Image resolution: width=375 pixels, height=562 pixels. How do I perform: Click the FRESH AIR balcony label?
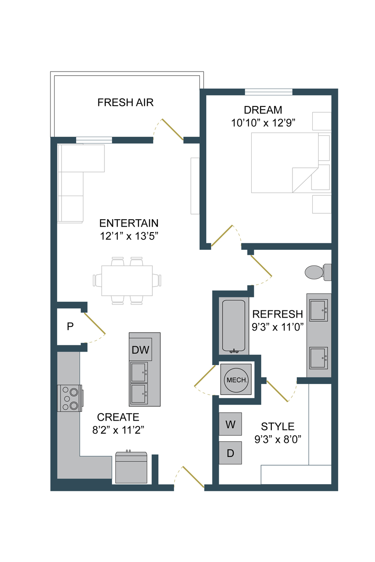pyautogui.click(x=125, y=102)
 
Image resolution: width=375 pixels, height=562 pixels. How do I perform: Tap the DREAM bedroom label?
pyautogui.click(x=263, y=110)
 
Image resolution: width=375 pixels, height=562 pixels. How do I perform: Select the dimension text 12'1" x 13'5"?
pyautogui.click(x=129, y=236)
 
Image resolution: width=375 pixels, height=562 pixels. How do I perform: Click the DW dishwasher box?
pyautogui.click(x=140, y=350)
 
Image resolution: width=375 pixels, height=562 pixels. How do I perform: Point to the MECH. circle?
pyautogui.click(x=236, y=380)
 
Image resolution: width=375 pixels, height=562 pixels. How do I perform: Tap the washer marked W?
pyautogui.click(x=230, y=424)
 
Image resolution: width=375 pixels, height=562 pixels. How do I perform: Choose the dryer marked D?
pyautogui.click(x=230, y=453)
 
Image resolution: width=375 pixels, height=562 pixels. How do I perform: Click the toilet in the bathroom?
pyautogui.click(x=318, y=272)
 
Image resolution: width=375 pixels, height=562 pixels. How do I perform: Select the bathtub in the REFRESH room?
pyautogui.click(x=234, y=326)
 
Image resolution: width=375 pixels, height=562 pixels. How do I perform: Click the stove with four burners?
pyautogui.click(x=70, y=398)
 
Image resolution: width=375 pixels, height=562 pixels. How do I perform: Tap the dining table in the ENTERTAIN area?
pyautogui.click(x=127, y=281)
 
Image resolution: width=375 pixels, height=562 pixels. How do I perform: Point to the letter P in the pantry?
pyautogui.click(x=70, y=326)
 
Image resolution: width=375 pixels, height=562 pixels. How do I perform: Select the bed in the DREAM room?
pyautogui.click(x=285, y=163)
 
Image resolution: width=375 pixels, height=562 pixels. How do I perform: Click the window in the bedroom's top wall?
pyautogui.click(x=269, y=92)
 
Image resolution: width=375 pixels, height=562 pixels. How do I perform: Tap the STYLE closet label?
pyautogui.click(x=278, y=427)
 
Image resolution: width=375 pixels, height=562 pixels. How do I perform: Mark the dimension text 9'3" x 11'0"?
pyautogui.click(x=278, y=327)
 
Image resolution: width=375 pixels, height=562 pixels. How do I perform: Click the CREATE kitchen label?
pyautogui.click(x=118, y=417)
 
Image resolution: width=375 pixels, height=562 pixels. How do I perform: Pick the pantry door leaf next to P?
pyautogui.click(x=95, y=323)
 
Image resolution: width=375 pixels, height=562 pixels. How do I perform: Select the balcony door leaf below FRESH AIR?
pyautogui.click(x=173, y=130)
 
